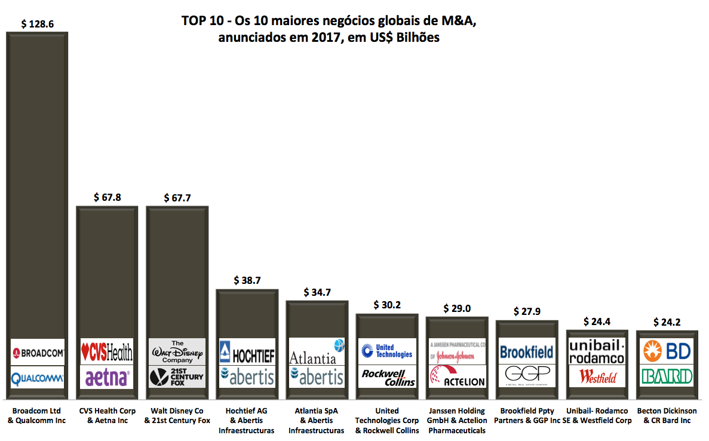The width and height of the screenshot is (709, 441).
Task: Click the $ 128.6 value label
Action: pos(37,24)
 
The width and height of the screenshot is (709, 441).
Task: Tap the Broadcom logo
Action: pos(38,353)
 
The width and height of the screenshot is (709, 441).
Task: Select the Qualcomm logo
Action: pos(38,377)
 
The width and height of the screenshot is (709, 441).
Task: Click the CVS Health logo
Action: pos(107,353)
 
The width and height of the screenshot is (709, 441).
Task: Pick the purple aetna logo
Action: pos(107,378)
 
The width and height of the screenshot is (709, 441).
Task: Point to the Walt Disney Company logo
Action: pos(177,351)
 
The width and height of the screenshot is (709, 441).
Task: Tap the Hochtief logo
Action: pos(247,353)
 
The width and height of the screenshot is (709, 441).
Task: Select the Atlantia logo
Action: pos(317,353)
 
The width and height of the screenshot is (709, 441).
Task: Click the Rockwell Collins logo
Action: pos(386,378)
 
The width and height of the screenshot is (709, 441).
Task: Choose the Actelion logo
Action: pos(457,376)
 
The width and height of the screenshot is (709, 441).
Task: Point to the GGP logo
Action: pos(527,374)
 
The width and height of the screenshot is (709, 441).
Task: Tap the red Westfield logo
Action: pos(597,377)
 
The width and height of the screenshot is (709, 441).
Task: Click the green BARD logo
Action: pos(667,376)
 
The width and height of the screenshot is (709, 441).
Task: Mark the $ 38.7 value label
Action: pos(247,280)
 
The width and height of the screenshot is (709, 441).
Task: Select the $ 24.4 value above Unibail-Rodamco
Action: pos(597,321)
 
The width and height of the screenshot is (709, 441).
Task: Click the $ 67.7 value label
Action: pos(177,197)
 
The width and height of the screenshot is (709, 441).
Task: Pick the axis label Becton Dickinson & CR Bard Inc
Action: pos(667,415)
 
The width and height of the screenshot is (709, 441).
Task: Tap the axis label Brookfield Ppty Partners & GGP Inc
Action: pos(527,415)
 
